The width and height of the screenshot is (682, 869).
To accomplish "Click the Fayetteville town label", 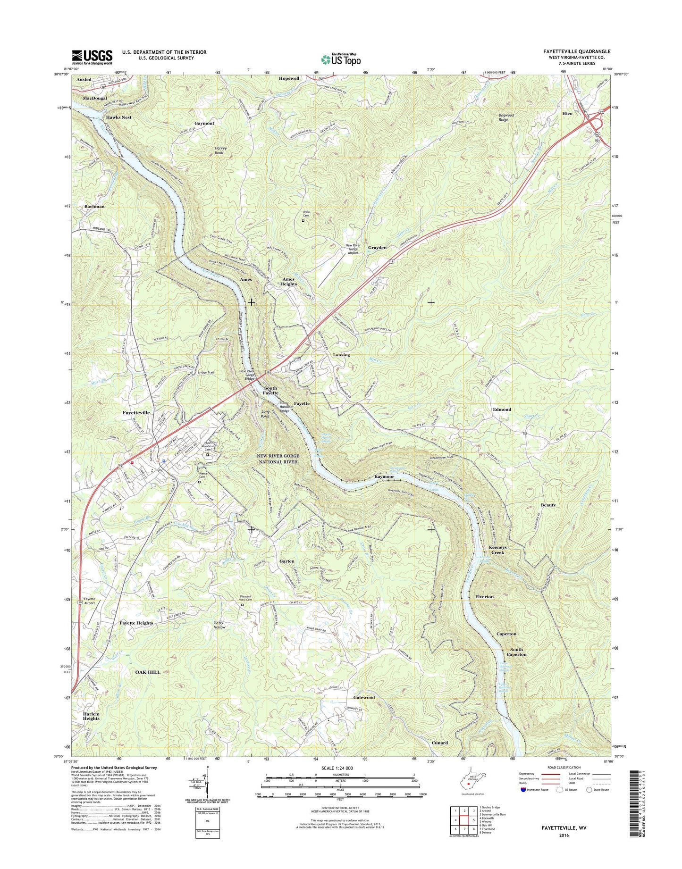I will (x=136, y=412).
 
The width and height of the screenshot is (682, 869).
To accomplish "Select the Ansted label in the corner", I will (x=84, y=80).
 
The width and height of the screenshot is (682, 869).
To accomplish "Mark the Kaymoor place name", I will (x=384, y=477).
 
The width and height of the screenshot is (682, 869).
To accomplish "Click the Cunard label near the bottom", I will (x=439, y=743).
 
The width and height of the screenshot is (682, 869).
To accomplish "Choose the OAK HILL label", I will (x=148, y=672).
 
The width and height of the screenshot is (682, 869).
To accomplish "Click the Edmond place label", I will (x=502, y=409).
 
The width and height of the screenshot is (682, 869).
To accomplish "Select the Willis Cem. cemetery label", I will (x=309, y=213).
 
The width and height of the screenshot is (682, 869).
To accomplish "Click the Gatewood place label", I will (x=364, y=697).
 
